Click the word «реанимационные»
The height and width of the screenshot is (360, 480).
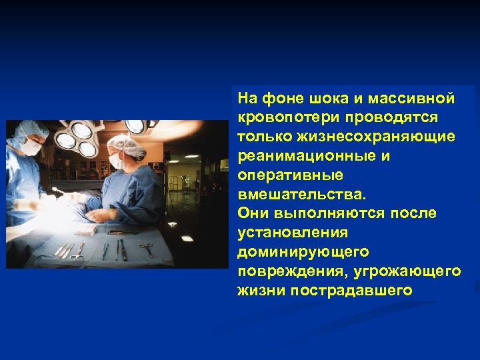coord(298,156)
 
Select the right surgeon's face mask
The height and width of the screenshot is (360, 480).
coord(117,160)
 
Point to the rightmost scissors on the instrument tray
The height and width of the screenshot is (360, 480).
coord(146,250)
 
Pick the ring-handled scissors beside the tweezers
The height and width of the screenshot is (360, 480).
coord(79,251)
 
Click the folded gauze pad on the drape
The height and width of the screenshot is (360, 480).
coord(85,231)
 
